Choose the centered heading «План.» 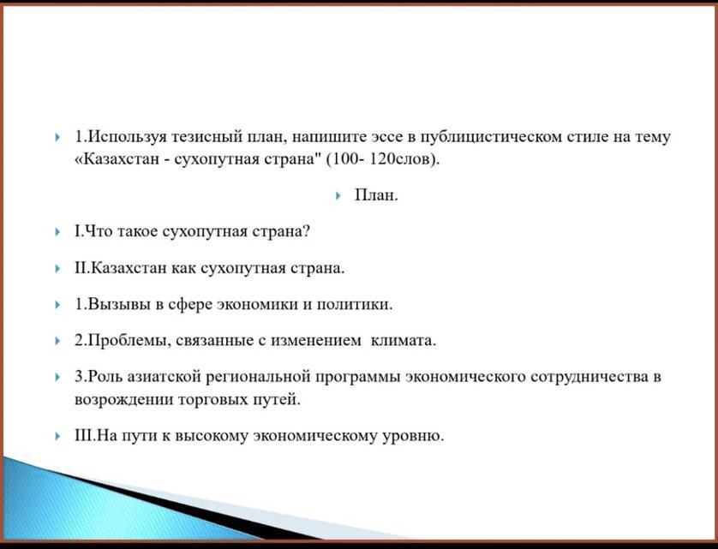[376, 195]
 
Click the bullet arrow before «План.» [338, 196]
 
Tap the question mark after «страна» [306, 231]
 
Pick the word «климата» [403, 341]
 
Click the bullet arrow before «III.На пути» [57, 436]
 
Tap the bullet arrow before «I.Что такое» [57, 232]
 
